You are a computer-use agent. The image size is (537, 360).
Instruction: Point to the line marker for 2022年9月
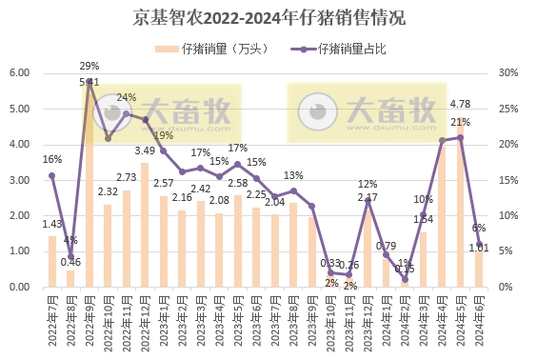(89, 81)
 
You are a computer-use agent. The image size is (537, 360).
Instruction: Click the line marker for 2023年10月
(330, 272)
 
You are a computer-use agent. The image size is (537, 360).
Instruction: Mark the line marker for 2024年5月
(461, 137)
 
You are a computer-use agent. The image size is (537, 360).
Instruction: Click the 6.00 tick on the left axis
(20, 73)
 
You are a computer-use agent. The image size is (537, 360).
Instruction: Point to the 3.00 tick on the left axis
(20, 180)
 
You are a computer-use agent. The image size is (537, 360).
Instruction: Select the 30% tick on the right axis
(507, 73)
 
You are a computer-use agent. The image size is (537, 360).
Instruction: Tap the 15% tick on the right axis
(507, 180)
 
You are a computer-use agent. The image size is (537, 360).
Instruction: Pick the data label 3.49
(145, 150)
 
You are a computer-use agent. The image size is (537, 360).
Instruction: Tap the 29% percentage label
(89, 66)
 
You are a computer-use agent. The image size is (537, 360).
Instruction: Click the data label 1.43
(52, 223)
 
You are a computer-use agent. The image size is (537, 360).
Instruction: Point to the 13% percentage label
(294, 175)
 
